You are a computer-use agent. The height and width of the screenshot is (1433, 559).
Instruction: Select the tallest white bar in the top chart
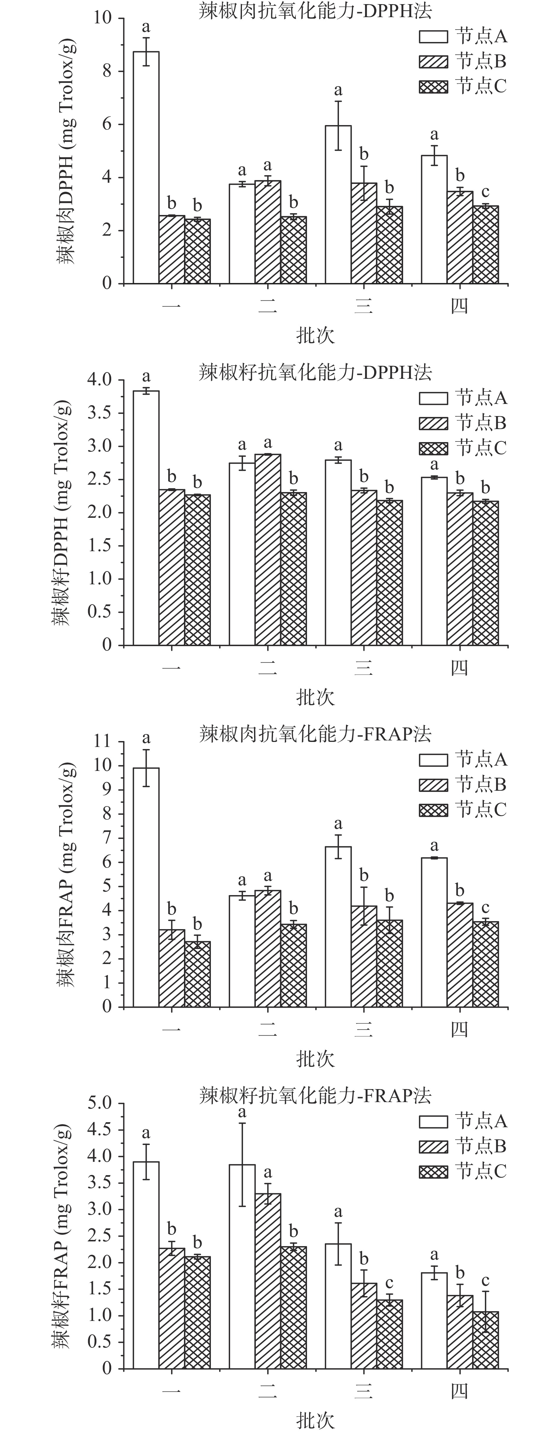[x=146, y=167]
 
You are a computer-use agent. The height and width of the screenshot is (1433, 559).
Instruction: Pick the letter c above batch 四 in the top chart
[x=485, y=192]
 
